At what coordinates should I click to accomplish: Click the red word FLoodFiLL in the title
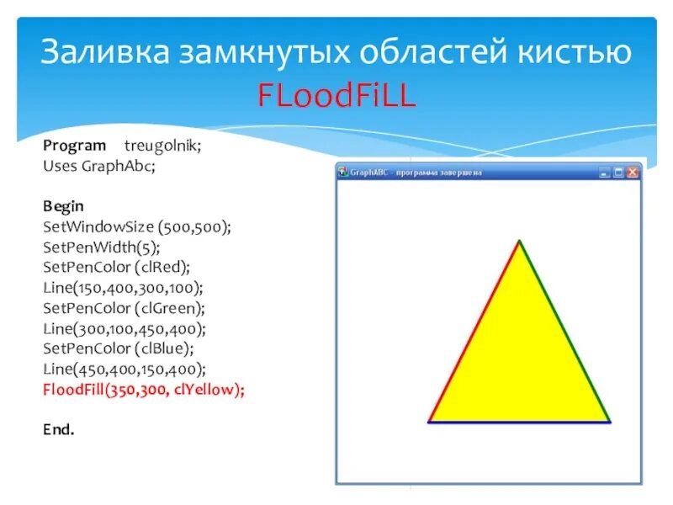(x=336, y=96)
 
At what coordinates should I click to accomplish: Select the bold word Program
(x=75, y=146)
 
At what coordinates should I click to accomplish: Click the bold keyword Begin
(x=64, y=206)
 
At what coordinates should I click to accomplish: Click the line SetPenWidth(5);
(x=101, y=247)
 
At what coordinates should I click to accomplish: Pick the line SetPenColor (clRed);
(x=117, y=267)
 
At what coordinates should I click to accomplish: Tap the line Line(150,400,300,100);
(x=123, y=288)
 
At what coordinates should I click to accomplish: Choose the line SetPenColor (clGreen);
(x=124, y=308)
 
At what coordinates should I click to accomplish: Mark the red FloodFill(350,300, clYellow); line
(x=144, y=390)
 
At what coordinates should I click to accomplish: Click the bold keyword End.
(x=59, y=430)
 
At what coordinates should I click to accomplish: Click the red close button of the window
(x=633, y=173)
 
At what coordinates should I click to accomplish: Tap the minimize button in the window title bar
(x=604, y=173)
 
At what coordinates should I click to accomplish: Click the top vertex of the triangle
(x=519, y=242)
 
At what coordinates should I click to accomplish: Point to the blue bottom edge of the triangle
(x=519, y=422)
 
